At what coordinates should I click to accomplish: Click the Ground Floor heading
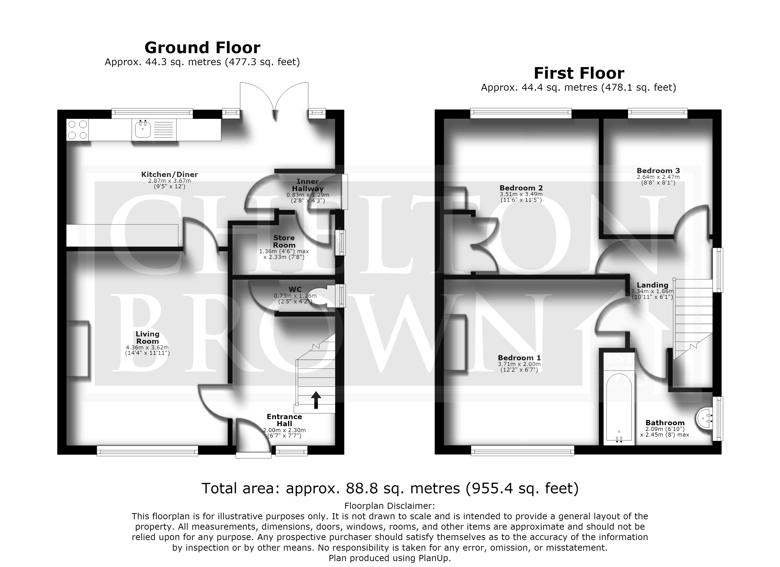[202, 48]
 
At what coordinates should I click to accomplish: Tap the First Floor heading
[579, 73]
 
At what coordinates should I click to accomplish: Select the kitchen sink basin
[142, 130]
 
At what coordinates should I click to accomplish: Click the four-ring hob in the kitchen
[77, 130]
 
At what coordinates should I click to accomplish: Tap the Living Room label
[147, 337]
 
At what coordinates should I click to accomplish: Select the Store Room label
[284, 241]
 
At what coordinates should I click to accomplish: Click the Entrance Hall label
[284, 420]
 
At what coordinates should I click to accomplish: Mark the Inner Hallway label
[308, 185]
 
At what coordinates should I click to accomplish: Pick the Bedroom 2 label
[521, 188]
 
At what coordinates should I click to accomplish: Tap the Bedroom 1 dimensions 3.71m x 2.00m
[519, 364]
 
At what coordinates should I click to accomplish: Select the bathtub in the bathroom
[619, 409]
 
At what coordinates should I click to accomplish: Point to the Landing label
[652, 285]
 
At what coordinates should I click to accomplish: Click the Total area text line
[390, 488]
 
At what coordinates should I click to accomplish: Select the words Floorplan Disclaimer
[390, 506]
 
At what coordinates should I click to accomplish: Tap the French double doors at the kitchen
[274, 100]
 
